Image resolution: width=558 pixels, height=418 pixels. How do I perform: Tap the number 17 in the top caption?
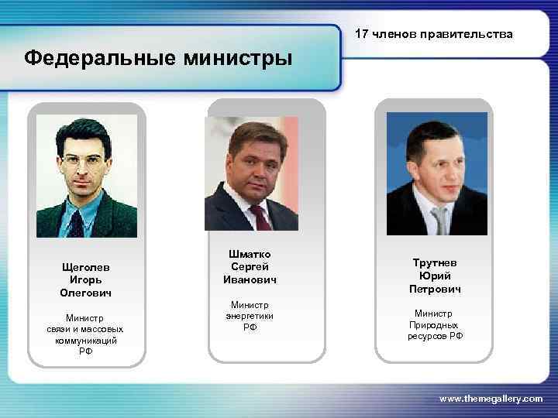coord(362,34)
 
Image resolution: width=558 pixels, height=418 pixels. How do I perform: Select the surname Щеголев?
coord(86,266)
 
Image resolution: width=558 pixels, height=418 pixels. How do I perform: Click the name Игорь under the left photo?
coord(86,279)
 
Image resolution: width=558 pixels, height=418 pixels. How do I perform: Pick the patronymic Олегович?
coord(86,293)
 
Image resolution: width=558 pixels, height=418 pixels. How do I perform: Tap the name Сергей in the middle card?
coord(250,266)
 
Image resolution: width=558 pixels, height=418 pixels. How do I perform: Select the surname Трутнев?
coord(435,262)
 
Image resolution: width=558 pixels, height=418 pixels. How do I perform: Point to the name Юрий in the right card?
coord(435,276)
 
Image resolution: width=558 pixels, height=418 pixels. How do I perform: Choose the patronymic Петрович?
coord(435,290)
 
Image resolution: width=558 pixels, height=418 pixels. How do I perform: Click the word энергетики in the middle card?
coord(250,316)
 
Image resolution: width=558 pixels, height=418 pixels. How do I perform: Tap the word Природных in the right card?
coord(435,325)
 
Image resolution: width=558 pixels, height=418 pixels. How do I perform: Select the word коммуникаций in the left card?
coord(86,340)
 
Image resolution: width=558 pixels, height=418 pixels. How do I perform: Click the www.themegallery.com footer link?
coord(491,398)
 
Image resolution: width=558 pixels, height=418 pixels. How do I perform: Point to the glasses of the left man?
coord(83,163)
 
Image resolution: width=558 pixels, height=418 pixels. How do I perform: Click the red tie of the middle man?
coord(260,217)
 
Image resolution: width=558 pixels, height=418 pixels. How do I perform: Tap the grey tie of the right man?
coord(440,221)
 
